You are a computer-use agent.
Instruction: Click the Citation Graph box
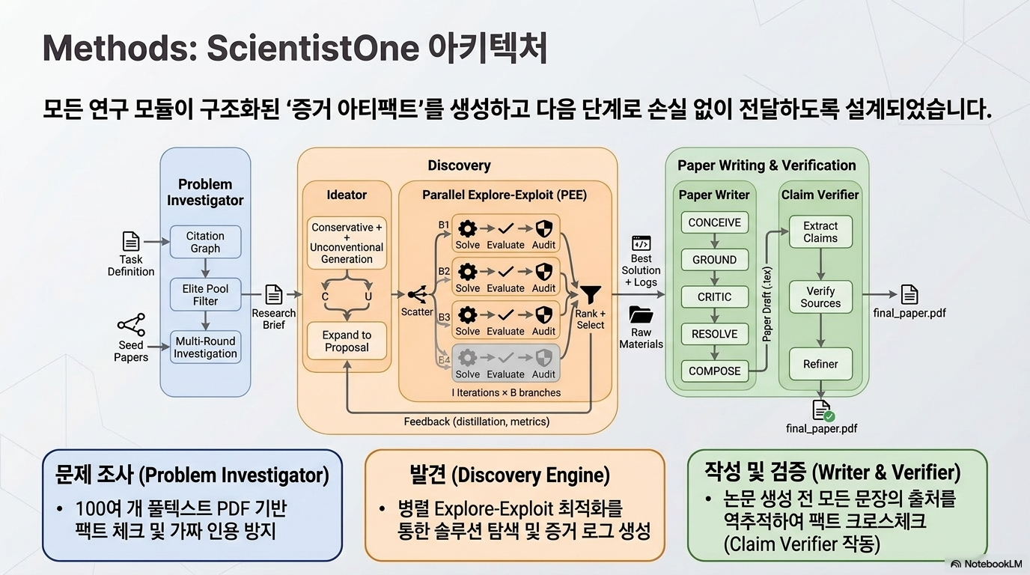205,242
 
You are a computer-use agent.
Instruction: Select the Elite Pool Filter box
205,294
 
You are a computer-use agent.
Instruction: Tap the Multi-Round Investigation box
205,347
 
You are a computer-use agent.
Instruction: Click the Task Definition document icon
131,242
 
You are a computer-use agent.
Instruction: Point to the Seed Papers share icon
132,325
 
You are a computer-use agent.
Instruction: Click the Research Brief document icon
274,294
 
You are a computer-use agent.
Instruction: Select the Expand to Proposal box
347,341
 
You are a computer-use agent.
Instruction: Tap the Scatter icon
418,294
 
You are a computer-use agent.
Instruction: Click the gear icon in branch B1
468,228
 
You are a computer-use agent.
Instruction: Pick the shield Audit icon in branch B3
544,314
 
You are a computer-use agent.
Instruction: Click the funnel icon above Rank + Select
591,294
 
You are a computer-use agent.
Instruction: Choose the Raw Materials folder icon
641,314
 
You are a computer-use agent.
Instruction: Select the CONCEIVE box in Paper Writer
715,222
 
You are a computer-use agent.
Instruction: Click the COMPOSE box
715,371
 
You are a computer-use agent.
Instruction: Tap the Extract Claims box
820,232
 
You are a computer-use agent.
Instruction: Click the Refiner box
820,364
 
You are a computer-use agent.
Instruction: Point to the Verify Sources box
820,297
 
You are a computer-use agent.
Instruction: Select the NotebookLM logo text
987,564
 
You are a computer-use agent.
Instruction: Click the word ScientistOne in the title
313,48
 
